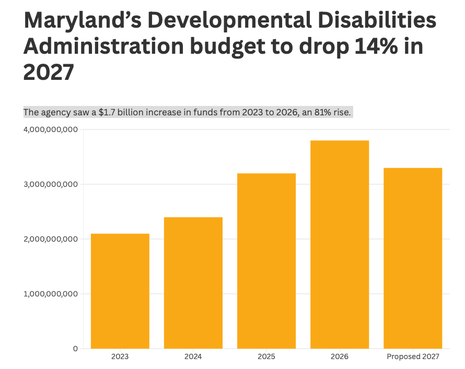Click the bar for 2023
(x=120, y=291)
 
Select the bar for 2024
(x=193, y=282)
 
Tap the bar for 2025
(x=266, y=260)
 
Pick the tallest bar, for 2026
(x=340, y=244)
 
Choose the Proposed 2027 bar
(x=413, y=258)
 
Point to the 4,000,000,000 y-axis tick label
(x=51, y=129)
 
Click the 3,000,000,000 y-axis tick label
(x=51, y=184)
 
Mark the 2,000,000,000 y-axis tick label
(x=51, y=239)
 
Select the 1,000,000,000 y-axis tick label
(x=51, y=293)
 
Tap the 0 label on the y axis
(x=75, y=348)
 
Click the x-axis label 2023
(x=120, y=357)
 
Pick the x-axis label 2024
(x=193, y=357)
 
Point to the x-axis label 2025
(x=266, y=357)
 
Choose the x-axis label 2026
(x=340, y=357)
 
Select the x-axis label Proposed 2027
(x=413, y=357)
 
